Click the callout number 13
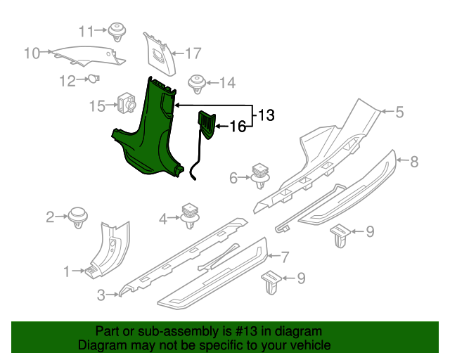(x=266, y=115)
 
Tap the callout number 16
(x=238, y=127)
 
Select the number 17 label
(x=193, y=53)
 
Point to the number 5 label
(x=399, y=112)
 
